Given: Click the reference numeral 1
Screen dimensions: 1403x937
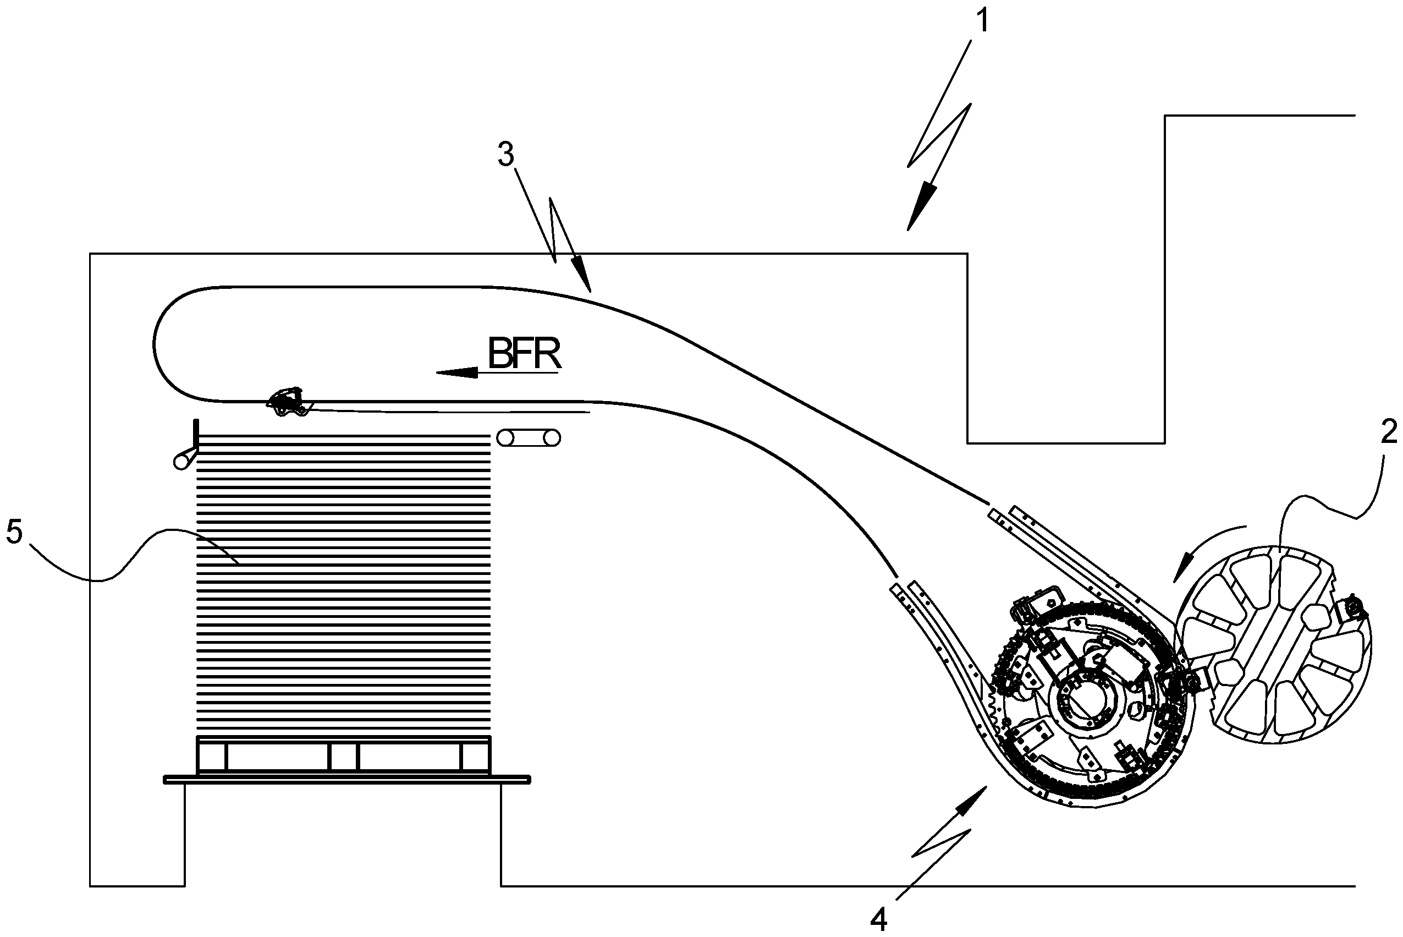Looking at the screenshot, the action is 982,21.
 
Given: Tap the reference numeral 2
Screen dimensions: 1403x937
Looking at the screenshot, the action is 1388,431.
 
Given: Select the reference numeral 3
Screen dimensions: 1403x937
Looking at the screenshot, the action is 505,155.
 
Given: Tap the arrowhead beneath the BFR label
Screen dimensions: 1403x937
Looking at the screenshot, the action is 458,373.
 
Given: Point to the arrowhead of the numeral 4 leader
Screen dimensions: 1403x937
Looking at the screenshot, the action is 971,800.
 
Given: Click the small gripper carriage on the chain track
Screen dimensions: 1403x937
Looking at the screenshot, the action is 289,401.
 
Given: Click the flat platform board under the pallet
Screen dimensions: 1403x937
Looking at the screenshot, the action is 347,779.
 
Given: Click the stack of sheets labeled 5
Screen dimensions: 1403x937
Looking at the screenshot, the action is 343,585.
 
